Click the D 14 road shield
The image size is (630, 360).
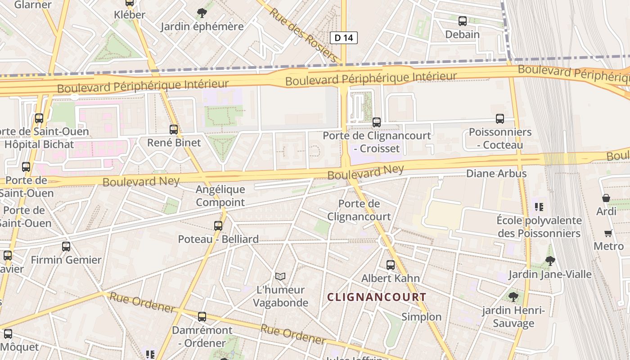point(344,38)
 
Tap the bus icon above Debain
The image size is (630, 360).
point(462,21)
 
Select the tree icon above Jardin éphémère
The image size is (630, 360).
point(202,13)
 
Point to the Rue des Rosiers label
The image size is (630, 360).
point(303,35)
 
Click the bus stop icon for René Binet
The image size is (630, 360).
point(174,130)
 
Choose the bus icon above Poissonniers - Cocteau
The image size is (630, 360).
point(500,119)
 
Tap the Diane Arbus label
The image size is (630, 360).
point(496,173)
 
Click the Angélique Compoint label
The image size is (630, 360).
point(220,196)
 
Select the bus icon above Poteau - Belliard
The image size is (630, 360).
point(218,226)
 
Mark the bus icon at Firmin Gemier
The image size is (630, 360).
point(66,247)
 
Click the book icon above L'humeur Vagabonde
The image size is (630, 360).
point(280,276)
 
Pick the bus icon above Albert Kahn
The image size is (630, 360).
point(391,265)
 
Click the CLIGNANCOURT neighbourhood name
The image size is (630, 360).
point(376,297)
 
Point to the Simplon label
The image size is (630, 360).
point(422,317)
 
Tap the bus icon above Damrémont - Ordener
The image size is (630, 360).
point(202,317)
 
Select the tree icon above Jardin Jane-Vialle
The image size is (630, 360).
point(550,261)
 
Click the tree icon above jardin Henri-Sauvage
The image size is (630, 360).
point(513,297)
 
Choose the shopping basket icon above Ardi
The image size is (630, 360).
point(606,198)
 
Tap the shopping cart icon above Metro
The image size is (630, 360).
point(608,233)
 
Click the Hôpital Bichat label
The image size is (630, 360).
point(39,144)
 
